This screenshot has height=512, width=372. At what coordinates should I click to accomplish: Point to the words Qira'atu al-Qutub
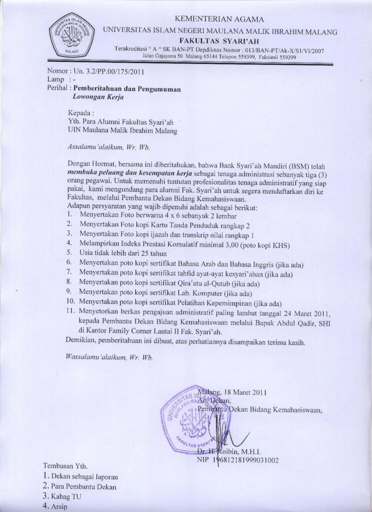pyautogui.click(x=195, y=283)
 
